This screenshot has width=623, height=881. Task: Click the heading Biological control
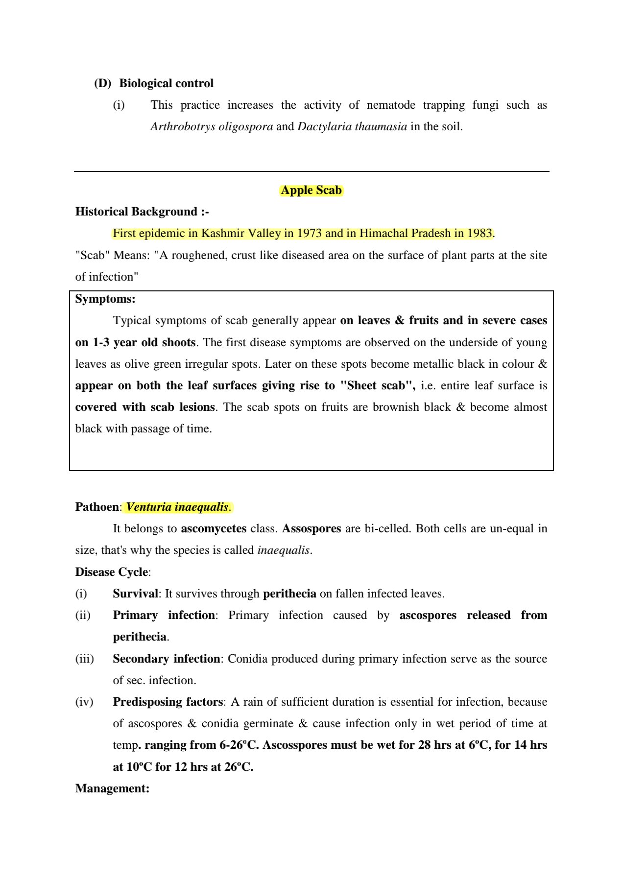click(x=166, y=83)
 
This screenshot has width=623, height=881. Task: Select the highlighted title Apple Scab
click(x=311, y=190)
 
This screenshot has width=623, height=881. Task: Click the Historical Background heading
click(x=142, y=212)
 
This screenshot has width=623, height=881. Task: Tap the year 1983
click(x=479, y=233)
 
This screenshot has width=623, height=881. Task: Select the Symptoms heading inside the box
click(x=105, y=299)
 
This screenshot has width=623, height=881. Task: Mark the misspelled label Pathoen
click(x=97, y=507)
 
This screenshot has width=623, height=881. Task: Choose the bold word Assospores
click(x=311, y=528)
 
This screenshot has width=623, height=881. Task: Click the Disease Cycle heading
click(x=112, y=572)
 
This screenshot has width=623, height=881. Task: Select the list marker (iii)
click(x=84, y=659)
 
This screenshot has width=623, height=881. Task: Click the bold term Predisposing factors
click(x=168, y=702)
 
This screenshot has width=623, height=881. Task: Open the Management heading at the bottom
click(x=112, y=788)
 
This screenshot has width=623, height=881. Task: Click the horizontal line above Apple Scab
click(x=311, y=171)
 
